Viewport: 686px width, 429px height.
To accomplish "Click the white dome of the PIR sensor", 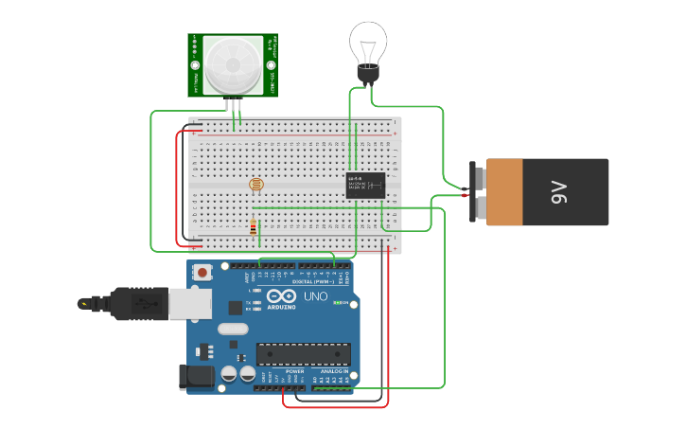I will point(232,64).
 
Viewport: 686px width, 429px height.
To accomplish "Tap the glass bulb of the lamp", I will point(368,43).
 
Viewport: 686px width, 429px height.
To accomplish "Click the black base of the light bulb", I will point(367,74).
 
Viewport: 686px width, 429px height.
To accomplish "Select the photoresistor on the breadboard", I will point(255,185).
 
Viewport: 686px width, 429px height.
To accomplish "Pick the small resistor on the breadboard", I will point(253,226).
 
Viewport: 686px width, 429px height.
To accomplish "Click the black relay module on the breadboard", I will point(365,184).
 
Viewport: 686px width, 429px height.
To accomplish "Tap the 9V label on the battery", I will point(558,192).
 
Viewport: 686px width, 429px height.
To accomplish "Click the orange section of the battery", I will point(503,192).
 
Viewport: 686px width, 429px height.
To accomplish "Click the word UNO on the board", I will point(314,296).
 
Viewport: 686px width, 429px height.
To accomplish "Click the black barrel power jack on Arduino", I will point(196,376).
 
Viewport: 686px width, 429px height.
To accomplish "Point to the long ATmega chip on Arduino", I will point(304,354).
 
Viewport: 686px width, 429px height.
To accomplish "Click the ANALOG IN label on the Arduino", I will point(332,371).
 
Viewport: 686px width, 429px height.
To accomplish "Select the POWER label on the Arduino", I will point(294,371).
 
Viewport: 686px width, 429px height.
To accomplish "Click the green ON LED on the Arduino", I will point(346,303).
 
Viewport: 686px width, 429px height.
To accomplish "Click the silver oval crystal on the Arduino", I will point(232,330).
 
